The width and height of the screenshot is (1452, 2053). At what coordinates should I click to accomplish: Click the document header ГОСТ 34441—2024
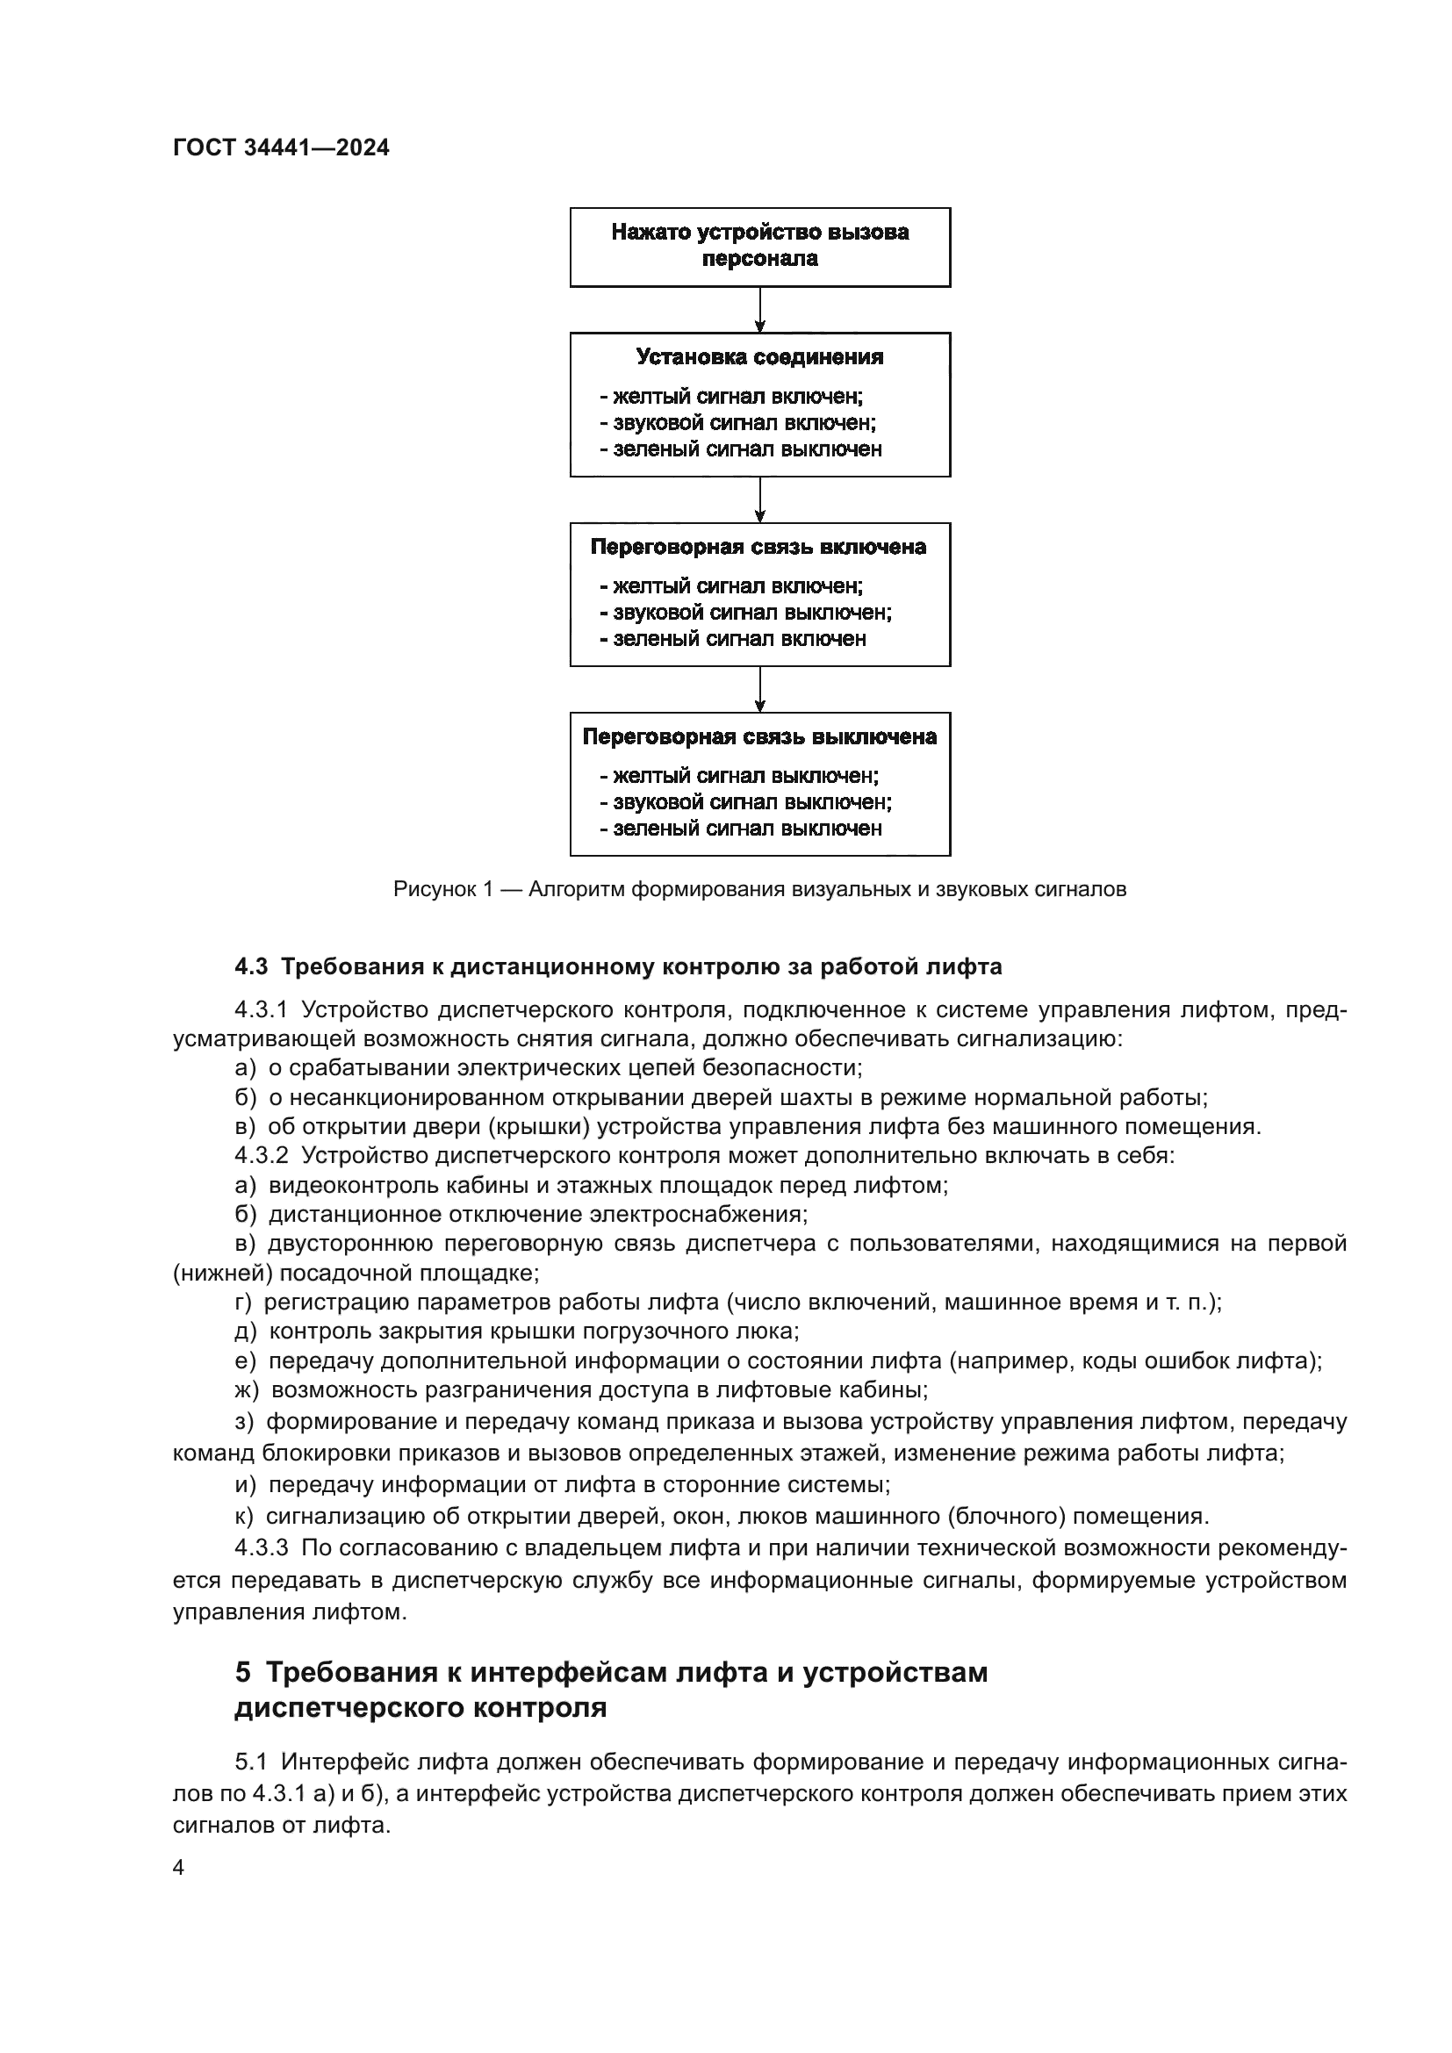(281, 147)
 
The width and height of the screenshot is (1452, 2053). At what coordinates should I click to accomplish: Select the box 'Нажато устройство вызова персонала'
(759, 247)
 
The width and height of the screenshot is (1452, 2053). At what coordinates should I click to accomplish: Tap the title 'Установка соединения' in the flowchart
(759, 356)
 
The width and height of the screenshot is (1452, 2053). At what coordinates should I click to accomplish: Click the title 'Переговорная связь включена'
(758, 546)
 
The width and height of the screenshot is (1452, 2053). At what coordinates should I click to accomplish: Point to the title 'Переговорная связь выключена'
(759, 736)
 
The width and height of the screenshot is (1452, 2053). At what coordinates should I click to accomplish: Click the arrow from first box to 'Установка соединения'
(759, 309)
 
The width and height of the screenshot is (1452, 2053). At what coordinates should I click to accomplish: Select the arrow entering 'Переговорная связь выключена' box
(759, 689)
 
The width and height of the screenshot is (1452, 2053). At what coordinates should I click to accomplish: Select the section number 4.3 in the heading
(251, 966)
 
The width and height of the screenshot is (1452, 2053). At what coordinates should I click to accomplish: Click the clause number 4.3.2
(261, 1155)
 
